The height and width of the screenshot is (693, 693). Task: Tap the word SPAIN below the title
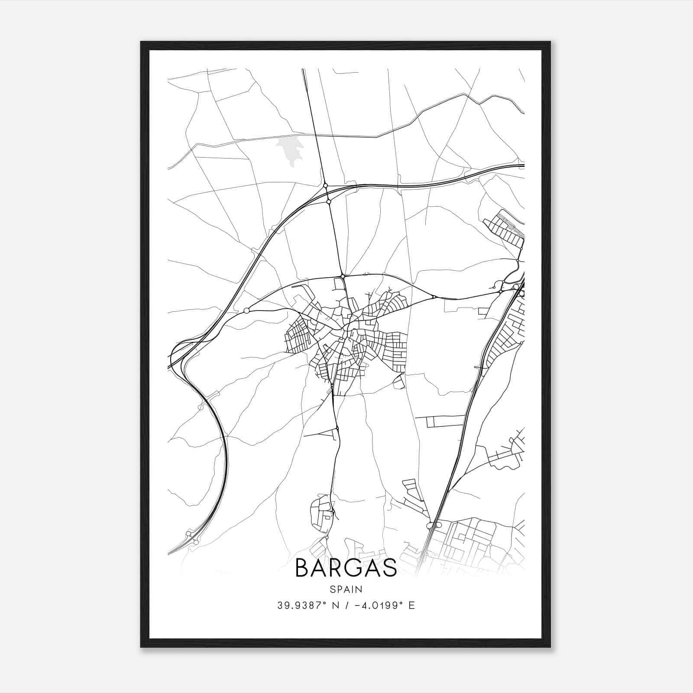pyautogui.click(x=346, y=589)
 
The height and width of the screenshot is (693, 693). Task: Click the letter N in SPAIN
pyautogui.click(x=359, y=589)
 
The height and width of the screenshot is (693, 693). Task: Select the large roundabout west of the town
pyautogui.click(x=246, y=311)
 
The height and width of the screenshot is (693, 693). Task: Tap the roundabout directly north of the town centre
pyautogui.click(x=342, y=276)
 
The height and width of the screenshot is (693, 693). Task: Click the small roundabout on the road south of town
pyautogui.click(x=337, y=429)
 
